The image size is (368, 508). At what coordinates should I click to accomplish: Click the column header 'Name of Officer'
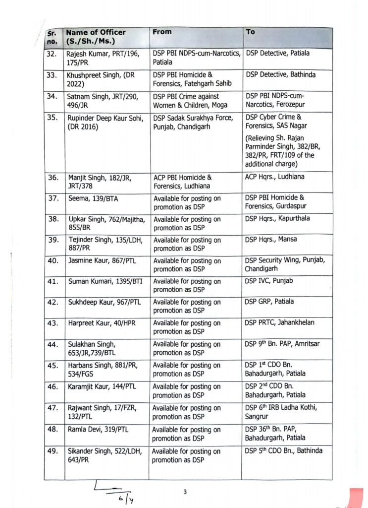(x=96, y=32)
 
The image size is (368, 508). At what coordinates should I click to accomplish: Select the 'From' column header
(x=162, y=32)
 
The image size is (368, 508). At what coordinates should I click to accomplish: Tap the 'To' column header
(x=251, y=32)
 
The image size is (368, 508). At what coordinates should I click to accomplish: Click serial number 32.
(x=52, y=54)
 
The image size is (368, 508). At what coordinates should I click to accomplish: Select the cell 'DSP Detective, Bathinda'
(x=281, y=75)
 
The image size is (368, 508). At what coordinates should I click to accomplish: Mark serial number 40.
(x=52, y=260)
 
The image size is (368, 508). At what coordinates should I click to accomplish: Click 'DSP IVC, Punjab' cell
(x=269, y=281)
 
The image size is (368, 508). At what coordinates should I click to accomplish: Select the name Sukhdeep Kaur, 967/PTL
(x=105, y=302)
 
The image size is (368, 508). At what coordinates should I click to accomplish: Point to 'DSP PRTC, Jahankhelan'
(x=280, y=322)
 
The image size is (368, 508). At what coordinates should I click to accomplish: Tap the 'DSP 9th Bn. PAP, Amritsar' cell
(x=284, y=344)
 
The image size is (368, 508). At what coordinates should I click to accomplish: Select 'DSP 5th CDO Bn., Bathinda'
(x=284, y=450)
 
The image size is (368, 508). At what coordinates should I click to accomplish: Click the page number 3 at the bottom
(x=185, y=492)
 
